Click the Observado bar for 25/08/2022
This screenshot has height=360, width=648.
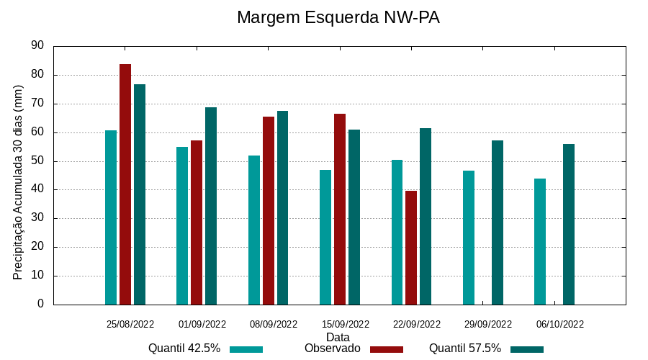[x=125, y=184]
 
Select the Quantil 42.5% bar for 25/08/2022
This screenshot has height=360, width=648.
[x=111, y=217]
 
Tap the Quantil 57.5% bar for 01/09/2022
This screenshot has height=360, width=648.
[x=211, y=206]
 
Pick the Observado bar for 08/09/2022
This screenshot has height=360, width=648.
[x=269, y=210]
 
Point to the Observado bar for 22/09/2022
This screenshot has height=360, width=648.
[x=411, y=248]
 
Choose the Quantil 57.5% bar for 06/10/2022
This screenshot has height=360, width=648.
[x=569, y=224]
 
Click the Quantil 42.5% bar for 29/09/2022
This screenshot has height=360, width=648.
[x=469, y=238]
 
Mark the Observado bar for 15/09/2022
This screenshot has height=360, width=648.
[x=340, y=209]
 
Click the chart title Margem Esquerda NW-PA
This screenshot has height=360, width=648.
[x=338, y=18]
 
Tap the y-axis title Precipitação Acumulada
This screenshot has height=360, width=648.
[x=18, y=182]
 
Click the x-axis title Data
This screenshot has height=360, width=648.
[x=338, y=337]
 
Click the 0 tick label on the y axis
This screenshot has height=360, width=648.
[x=40, y=305]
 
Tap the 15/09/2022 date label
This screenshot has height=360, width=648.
[x=346, y=324]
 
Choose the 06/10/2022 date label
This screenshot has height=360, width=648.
[x=560, y=324]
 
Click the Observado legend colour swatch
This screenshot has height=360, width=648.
[x=387, y=349]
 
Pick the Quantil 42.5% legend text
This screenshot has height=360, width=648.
[x=184, y=348]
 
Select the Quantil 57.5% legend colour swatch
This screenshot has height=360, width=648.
[x=527, y=349]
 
